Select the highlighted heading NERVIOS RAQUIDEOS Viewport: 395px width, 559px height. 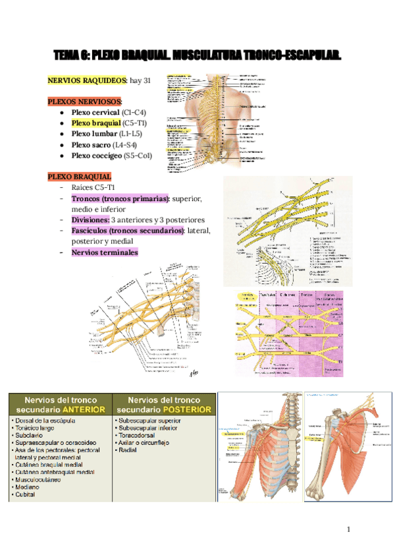[88, 80]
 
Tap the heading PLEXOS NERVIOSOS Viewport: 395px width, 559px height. [85, 102]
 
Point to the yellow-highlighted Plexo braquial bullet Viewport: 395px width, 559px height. [96, 123]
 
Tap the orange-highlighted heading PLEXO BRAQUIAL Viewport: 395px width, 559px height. [80, 177]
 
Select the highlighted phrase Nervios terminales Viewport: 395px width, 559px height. [105, 252]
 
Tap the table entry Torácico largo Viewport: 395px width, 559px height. [38, 427]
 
